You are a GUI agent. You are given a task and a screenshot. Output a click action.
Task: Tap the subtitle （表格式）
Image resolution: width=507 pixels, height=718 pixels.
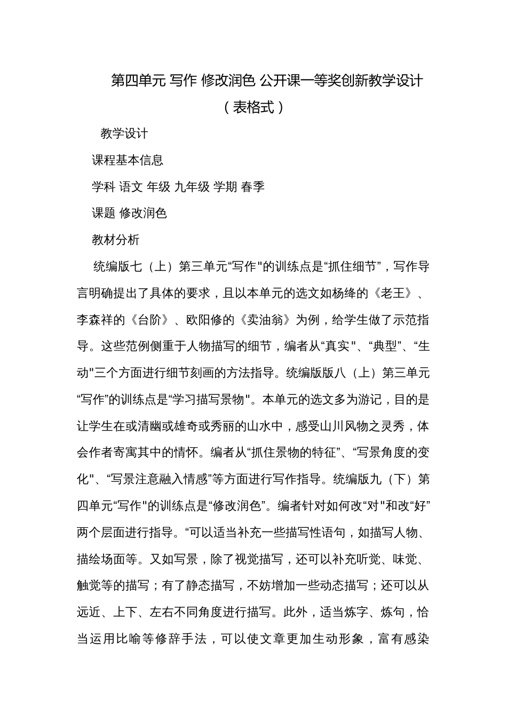pyautogui.click(x=253, y=107)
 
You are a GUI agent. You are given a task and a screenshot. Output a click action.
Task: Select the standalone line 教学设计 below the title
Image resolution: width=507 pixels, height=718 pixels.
pyautogui.click(x=124, y=134)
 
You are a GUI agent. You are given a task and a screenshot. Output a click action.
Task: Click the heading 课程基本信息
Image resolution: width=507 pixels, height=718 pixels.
pyautogui.click(x=128, y=160)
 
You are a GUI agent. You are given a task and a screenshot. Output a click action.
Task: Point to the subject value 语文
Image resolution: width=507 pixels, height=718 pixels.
pyautogui.click(x=131, y=187)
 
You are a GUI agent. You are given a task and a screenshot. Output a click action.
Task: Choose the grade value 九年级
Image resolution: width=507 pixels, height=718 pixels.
pyautogui.click(x=192, y=187)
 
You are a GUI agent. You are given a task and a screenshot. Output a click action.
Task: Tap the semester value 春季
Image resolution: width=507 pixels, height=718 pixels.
pyautogui.click(x=252, y=187)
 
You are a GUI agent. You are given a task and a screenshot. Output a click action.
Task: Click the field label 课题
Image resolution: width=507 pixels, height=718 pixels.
pyautogui.click(x=104, y=213)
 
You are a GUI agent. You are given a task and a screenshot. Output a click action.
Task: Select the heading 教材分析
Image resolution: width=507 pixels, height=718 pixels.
pyautogui.click(x=115, y=240)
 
